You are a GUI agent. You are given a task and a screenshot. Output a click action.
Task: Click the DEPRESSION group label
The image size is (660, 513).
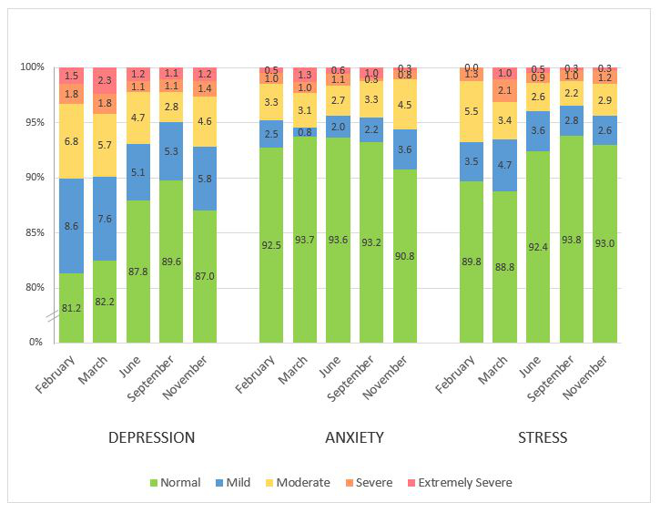(151, 437)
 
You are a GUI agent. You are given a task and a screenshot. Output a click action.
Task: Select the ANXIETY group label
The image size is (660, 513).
(354, 437)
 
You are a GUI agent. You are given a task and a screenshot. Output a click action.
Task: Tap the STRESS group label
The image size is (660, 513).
(543, 437)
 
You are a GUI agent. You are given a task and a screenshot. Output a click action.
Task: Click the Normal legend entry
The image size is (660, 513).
(180, 482)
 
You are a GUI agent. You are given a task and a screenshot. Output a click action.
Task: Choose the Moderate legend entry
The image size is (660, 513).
(302, 482)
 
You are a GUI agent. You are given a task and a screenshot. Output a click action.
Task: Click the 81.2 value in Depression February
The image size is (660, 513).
(72, 308)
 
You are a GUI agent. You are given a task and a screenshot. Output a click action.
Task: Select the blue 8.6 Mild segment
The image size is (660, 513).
(72, 226)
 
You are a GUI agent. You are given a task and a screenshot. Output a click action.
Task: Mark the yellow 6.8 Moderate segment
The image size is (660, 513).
(72, 141)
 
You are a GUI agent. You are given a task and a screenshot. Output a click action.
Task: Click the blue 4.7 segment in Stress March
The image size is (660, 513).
(505, 165)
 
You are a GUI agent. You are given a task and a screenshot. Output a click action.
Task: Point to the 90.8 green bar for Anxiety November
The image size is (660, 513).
(405, 255)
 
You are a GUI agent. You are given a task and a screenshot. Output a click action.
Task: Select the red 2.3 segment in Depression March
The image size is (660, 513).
(105, 80)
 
